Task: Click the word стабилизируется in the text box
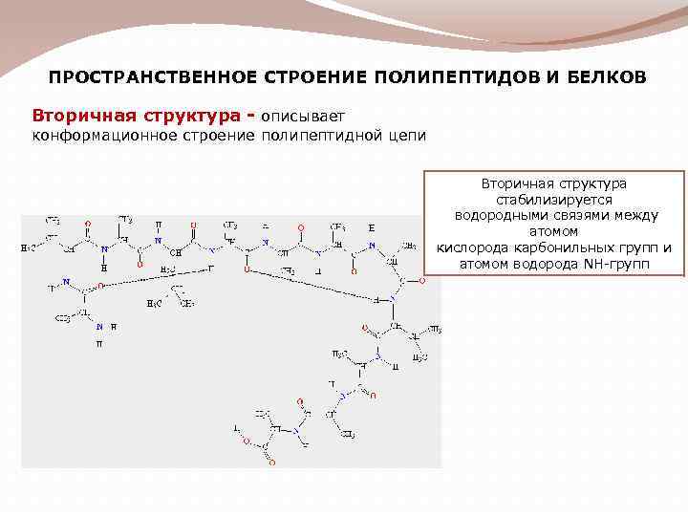(x=553, y=200)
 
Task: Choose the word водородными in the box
(x=500, y=216)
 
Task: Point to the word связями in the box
(x=575, y=216)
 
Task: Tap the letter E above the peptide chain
(x=371, y=228)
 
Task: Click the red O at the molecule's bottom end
(x=272, y=462)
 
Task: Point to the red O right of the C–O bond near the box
(x=421, y=281)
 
